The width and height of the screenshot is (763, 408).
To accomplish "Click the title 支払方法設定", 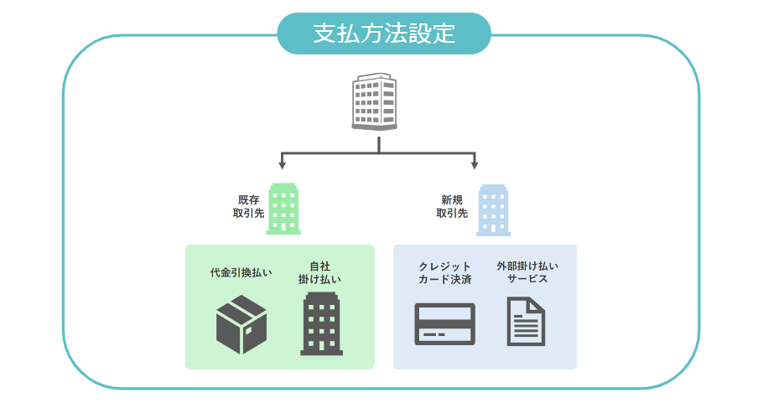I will coord(383,34).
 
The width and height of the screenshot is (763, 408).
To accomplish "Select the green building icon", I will coord(283,209).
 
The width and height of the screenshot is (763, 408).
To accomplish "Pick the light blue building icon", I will coord(493,209).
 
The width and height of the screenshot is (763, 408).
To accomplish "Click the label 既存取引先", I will coord(248,207).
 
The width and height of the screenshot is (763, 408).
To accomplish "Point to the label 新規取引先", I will coord(451,207).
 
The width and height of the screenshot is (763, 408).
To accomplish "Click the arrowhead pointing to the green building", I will coord(283,165).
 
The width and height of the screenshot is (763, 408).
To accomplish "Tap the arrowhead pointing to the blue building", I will coord(475,165).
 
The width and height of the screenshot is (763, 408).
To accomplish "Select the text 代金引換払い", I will coord(241,273).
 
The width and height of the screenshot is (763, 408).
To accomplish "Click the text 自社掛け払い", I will coord(319,273).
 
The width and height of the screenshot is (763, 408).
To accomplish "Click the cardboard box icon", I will coord(241,326).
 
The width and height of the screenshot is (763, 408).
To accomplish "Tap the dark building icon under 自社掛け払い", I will coord(321,325).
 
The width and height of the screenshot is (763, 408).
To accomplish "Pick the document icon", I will coord(527,322).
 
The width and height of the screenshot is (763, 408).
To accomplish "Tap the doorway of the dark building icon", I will coord(321,346).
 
